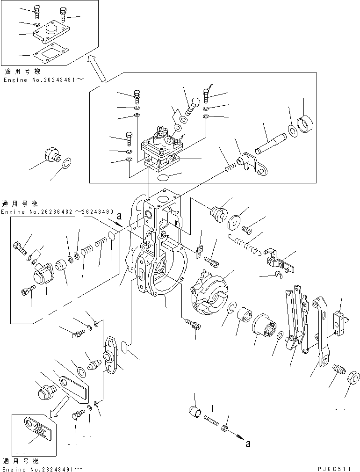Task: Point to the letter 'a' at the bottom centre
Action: (x=248, y=444)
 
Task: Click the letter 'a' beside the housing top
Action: (x=119, y=217)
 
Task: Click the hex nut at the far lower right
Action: (x=353, y=377)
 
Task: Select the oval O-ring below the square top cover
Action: (x=163, y=178)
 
